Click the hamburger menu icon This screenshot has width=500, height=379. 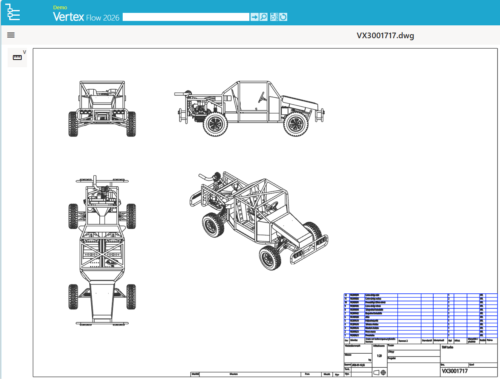[11, 35]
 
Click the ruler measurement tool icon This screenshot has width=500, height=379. [17, 58]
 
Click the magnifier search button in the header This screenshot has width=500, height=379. [263, 17]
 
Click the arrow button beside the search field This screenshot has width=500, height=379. [254, 17]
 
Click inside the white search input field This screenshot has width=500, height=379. [185, 17]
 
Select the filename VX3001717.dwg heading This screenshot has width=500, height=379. [385, 35]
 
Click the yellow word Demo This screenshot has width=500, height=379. [60, 8]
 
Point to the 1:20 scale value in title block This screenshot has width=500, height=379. [379, 356]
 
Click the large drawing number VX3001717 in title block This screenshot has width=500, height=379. [455, 371]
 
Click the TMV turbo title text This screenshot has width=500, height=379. [447, 347]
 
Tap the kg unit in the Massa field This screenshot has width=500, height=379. [369, 360]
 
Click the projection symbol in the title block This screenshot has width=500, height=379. [380, 373]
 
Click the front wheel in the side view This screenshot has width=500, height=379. [297, 124]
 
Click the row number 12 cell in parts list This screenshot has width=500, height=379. [346, 295]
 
